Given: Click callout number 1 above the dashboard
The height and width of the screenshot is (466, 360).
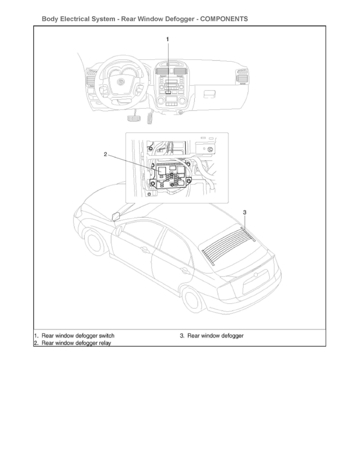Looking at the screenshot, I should click(168, 39).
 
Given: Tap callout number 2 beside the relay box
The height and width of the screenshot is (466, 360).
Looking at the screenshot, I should click(105, 155).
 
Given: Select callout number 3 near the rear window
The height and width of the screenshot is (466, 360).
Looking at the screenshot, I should click(245, 212).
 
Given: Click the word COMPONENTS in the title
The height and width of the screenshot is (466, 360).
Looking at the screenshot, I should click(224, 19).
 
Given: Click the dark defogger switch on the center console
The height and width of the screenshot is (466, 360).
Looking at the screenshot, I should click(168, 93).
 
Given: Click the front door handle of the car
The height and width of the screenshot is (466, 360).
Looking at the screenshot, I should click(145, 249).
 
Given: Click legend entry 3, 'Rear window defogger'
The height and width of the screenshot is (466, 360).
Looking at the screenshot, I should click(215, 336).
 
